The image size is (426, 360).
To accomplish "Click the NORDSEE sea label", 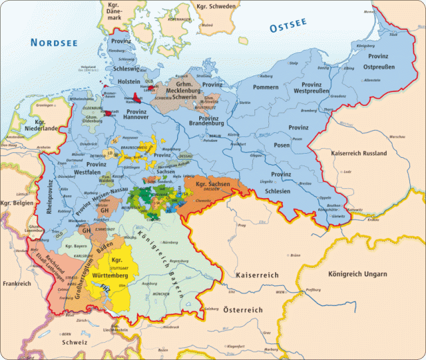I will pos(55,43).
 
